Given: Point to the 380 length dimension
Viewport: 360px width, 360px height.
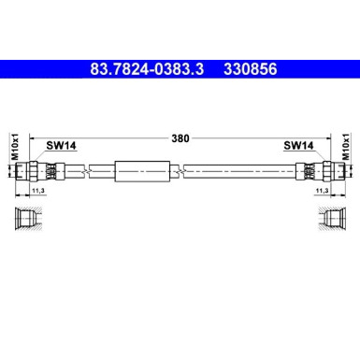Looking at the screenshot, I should point(180,137).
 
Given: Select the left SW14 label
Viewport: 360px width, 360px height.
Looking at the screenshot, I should point(63,145).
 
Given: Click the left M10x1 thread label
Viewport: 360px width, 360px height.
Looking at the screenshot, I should point(13,149).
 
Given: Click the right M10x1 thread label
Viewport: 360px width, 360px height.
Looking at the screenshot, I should point(347,149).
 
